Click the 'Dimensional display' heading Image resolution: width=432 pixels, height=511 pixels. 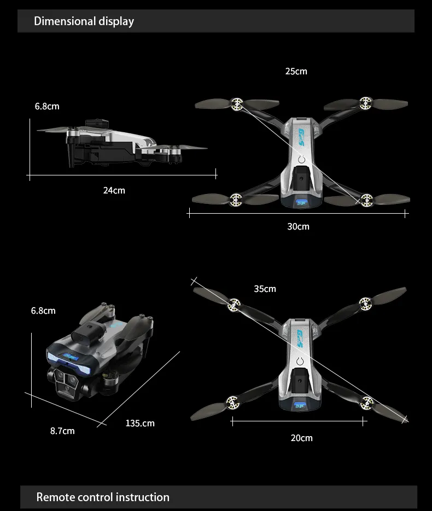click(x=84, y=21)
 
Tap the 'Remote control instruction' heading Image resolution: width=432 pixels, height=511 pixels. click(x=103, y=497)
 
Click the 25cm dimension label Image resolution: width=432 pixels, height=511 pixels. click(x=296, y=72)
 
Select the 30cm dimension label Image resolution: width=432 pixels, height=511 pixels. click(x=298, y=226)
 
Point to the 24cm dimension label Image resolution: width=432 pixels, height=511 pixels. click(x=114, y=190)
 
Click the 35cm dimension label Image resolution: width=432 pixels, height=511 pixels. click(x=265, y=289)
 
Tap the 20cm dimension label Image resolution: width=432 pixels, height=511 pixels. click(x=301, y=438)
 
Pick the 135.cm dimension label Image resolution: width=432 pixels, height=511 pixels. click(x=140, y=423)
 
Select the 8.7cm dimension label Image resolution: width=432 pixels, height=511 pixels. click(x=62, y=431)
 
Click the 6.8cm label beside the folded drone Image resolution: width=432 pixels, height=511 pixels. click(x=43, y=310)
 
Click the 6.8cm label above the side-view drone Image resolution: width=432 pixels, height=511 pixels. click(x=47, y=106)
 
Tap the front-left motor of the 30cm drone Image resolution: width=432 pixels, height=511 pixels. click(x=237, y=102)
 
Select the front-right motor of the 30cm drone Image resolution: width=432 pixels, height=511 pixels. click(x=366, y=102)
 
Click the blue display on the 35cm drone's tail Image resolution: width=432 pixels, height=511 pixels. click(x=299, y=405)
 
